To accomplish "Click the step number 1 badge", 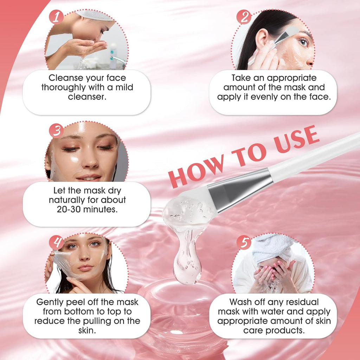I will pyautogui.click(x=56, y=17).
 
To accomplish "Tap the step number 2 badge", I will pyautogui.click(x=243, y=17).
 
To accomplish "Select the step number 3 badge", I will pyautogui.click(x=56, y=130).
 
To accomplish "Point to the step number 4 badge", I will pyautogui.click(x=57, y=242).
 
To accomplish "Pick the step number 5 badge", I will pyautogui.click(x=243, y=242).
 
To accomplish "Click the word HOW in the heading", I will pyautogui.click(x=196, y=169).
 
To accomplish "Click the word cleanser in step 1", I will pyautogui.click(x=87, y=97).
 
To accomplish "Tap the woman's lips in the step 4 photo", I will pyautogui.click(x=86, y=268).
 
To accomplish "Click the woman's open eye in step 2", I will pyautogui.click(x=303, y=42).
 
